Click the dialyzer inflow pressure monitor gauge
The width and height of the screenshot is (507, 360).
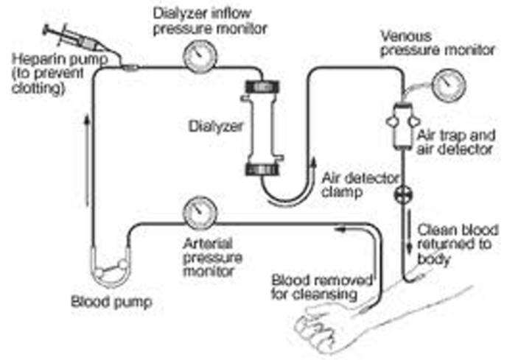pyautogui.click(x=200, y=56)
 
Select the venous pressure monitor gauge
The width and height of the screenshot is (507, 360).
pyautogui.click(x=449, y=85)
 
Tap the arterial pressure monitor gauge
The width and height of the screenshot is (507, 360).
pyautogui.click(x=200, y=212)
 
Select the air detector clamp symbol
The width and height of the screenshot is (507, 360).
pyautogui.click(x=404, y=194)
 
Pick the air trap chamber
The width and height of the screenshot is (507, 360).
pyautogui.click(x=403, y=127)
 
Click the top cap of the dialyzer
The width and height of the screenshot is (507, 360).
pyautogui.click(x=262, y=87)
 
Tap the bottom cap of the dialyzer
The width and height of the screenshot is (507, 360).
pyautogui.click(x=262, y=169)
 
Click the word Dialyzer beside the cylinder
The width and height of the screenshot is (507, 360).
pyautogui.click(x=216, y=127)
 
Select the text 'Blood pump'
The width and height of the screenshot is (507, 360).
pyautogui.click(x=111, y=302)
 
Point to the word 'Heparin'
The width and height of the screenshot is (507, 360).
pyautogui.click(x=35, y=60)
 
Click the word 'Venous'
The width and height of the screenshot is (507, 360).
pyautogui.click(x=406, y=35)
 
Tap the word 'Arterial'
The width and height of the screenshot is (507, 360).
pyautogui.click(x=208, y=244)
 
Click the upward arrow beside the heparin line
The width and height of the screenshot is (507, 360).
pyautogui.click(x=86, y=160)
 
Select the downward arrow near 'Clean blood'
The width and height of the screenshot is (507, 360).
pyautogui.click(x=409, y=230)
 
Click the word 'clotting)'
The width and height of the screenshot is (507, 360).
pyautogui.click(x=38, y=88)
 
